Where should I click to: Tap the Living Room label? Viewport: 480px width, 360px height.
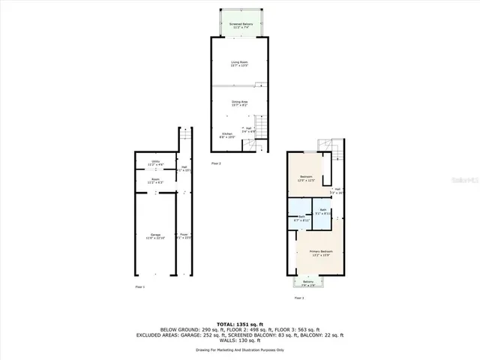[239, 63]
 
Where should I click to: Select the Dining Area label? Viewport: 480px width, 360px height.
[239, 102]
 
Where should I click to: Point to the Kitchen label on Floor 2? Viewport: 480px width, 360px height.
[227, 135]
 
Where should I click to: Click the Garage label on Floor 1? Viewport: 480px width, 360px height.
[154, 236]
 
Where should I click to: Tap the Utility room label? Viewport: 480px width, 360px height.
[155, 162]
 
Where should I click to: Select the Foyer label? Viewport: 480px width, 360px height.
[184, 236]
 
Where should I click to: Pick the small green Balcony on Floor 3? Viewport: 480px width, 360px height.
[308, 283]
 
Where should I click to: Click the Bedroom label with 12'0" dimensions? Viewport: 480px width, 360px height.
[305, 178]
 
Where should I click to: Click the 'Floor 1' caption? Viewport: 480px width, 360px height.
[139, 286]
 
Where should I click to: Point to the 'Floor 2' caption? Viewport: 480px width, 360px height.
[216, 163]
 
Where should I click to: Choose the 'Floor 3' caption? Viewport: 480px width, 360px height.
[299, 297]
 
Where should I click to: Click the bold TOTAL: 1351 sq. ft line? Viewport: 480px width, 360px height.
[239, 324]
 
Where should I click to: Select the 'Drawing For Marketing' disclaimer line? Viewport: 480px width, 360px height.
[239, 350]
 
